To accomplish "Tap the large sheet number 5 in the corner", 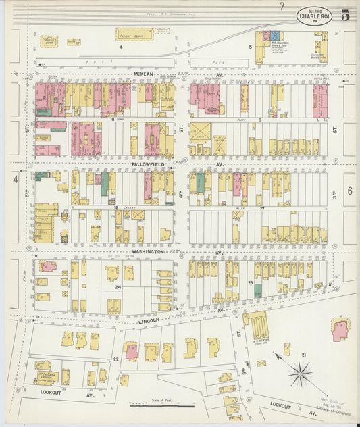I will (x=345, y=16).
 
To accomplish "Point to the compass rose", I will (x=300, y=373).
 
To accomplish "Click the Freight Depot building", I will (x=134, y=34).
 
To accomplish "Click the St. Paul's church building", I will (x=47, y=376).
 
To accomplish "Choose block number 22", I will (x=115, y=359).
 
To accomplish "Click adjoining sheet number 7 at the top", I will (x=282, y=6).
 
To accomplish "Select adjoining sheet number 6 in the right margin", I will (x=349, y=191).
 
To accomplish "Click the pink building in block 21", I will (x=340, y=330).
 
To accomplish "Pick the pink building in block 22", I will (x=131, y=351).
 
